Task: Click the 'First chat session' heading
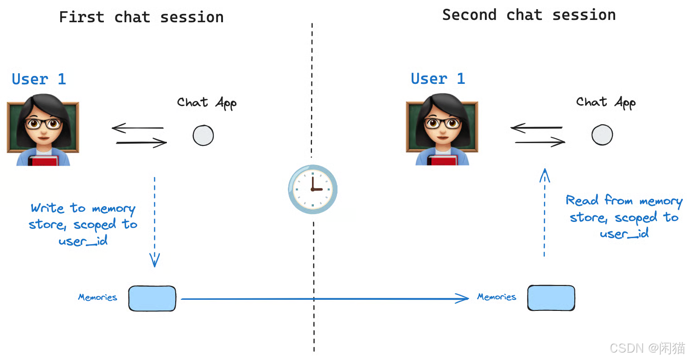141,17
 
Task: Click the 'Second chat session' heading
529,15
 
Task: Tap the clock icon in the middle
313,189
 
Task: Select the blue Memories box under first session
152,298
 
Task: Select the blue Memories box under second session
551,298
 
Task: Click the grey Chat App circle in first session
203,135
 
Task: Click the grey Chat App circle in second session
602,135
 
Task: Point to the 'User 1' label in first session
39,79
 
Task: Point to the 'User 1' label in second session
438,78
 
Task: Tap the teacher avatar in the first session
43,130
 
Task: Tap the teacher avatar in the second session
442,129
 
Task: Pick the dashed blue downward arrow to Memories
154,222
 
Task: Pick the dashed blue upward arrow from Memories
545,212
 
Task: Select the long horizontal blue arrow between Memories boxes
325,298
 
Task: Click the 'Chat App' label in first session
207,103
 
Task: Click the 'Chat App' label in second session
606,102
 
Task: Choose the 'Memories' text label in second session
496,297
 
